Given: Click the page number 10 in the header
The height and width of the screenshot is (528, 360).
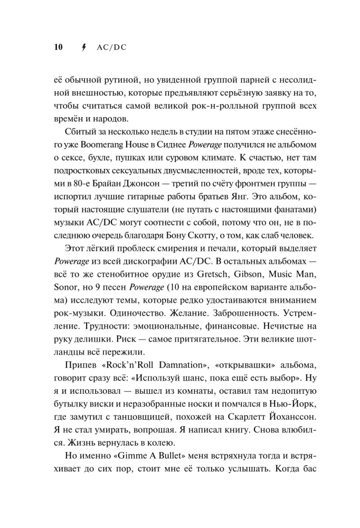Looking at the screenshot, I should point(58,47).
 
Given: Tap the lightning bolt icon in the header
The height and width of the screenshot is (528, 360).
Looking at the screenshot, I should point(82,47).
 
